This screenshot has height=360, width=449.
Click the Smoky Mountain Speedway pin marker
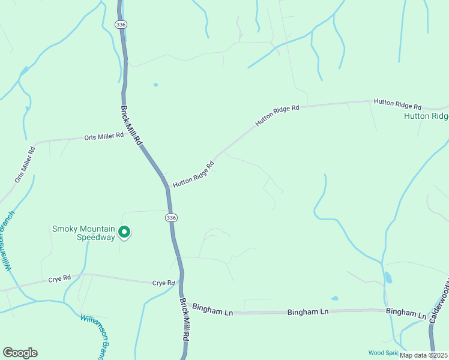[124, 231]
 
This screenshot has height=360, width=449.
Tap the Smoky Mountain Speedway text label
[83, 233]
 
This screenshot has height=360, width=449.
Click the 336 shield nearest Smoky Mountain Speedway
[172, 217]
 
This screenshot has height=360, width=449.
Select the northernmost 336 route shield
[122, 25]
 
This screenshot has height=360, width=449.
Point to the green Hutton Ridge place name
[426, 116]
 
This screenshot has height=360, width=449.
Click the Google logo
[20, 353]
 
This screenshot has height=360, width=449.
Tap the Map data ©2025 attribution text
[423, 355]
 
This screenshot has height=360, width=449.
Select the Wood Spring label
[382, 353]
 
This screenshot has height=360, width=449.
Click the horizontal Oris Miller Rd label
[104, 136]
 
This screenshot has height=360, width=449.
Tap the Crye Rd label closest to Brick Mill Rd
[163, 283]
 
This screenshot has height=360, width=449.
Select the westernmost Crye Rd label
[59, 278]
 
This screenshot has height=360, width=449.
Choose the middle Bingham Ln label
[308, 312]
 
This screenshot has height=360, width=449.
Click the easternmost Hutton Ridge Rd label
[397, 104]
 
